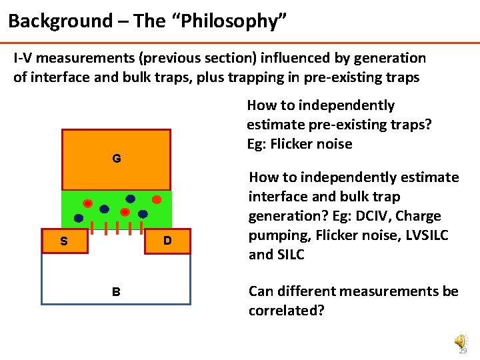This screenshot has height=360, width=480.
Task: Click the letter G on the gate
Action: click(116, 159)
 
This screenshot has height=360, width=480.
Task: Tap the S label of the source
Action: click(63, 241)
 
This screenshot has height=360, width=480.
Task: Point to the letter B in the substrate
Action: click(116, 291)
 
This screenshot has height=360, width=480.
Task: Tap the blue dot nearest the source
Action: click(79, 218)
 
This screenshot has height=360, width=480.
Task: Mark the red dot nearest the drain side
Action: click(156, 199)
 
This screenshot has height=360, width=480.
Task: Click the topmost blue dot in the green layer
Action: click(130, 199)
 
